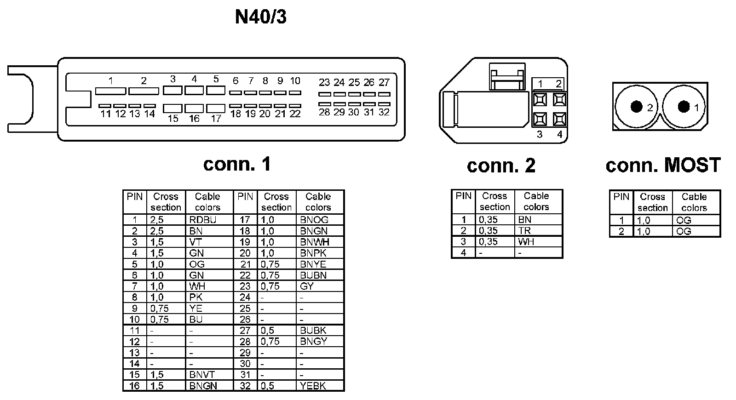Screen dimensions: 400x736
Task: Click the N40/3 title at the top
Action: click(260, 17)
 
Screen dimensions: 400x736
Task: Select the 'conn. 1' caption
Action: click(237, 164)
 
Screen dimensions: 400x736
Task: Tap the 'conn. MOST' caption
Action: click(663, 165)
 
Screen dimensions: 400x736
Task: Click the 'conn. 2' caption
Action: click(501, 166)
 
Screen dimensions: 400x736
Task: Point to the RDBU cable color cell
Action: click(202, 220)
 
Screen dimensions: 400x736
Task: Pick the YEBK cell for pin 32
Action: click(313, 386)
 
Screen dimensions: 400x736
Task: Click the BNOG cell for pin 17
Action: click(314, 220)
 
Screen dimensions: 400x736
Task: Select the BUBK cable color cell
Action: click(313, 330)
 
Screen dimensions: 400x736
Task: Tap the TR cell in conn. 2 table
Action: click(524, 231)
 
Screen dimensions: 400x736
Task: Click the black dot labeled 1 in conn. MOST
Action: click(684, 107)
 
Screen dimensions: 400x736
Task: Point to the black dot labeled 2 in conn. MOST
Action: click(636, 107)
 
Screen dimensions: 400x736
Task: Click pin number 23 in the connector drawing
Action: click(324, 83)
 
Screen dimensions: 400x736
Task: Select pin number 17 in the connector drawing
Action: click(216, 118)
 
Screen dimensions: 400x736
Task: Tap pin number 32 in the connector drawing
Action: click(384, 112)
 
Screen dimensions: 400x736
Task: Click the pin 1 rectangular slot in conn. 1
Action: click(110, 91)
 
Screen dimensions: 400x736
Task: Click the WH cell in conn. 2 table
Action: click(526, 242)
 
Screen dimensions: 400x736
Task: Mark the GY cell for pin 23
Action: click(307, 286)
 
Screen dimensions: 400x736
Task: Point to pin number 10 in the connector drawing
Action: click(295, 81)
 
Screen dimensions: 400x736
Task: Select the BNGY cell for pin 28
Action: click(313, 341)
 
